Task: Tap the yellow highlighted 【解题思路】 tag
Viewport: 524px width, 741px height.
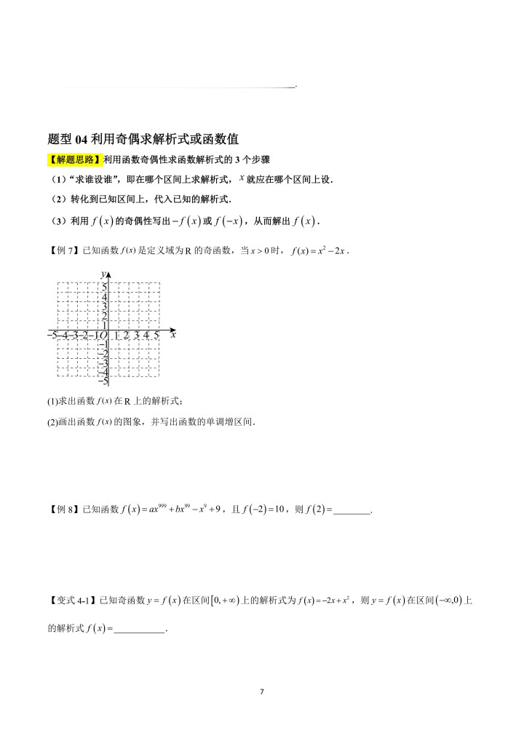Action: tap(74, 160)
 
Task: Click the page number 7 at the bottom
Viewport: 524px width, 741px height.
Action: tap(262, 691)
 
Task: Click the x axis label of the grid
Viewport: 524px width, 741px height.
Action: tap(173, 335)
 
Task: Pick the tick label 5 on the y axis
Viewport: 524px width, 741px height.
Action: tap(104, 287)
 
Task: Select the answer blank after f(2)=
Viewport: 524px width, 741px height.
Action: tap(352, 510)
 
